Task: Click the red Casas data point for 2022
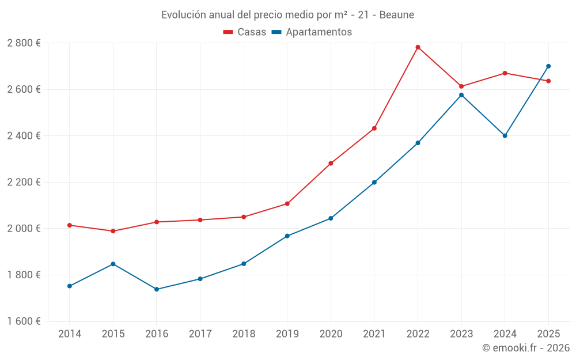point(418,47)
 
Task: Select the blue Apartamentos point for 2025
point(548,66)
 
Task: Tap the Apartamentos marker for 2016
point(157,289)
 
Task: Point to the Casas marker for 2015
point(113,231)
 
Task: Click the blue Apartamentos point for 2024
point(505,136)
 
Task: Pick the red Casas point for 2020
point(331,164)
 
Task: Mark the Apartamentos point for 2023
point(461,95)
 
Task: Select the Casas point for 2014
point(70,225)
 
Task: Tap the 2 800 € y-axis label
point(24,43)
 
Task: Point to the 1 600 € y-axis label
point(24,321)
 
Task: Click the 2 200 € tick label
point(24,182)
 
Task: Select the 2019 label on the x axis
point(287,334)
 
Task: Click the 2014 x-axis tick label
point(70,334)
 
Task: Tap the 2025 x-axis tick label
point(548,334)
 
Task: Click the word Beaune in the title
point(397,15)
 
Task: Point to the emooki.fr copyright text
point(526,348)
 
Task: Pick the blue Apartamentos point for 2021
point(374,183)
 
